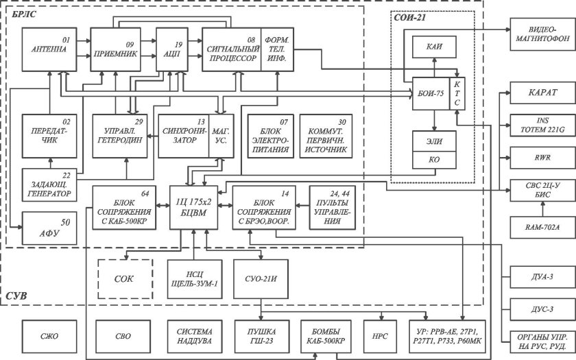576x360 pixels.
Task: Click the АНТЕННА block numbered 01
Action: click(x=49, y=50)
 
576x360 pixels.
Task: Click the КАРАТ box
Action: click(x=538, y=92)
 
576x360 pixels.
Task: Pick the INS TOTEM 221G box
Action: click(x=538, y=125)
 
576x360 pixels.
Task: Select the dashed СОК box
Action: click(x=123, y=279)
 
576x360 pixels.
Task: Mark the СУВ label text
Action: click(x=18, y=296)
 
